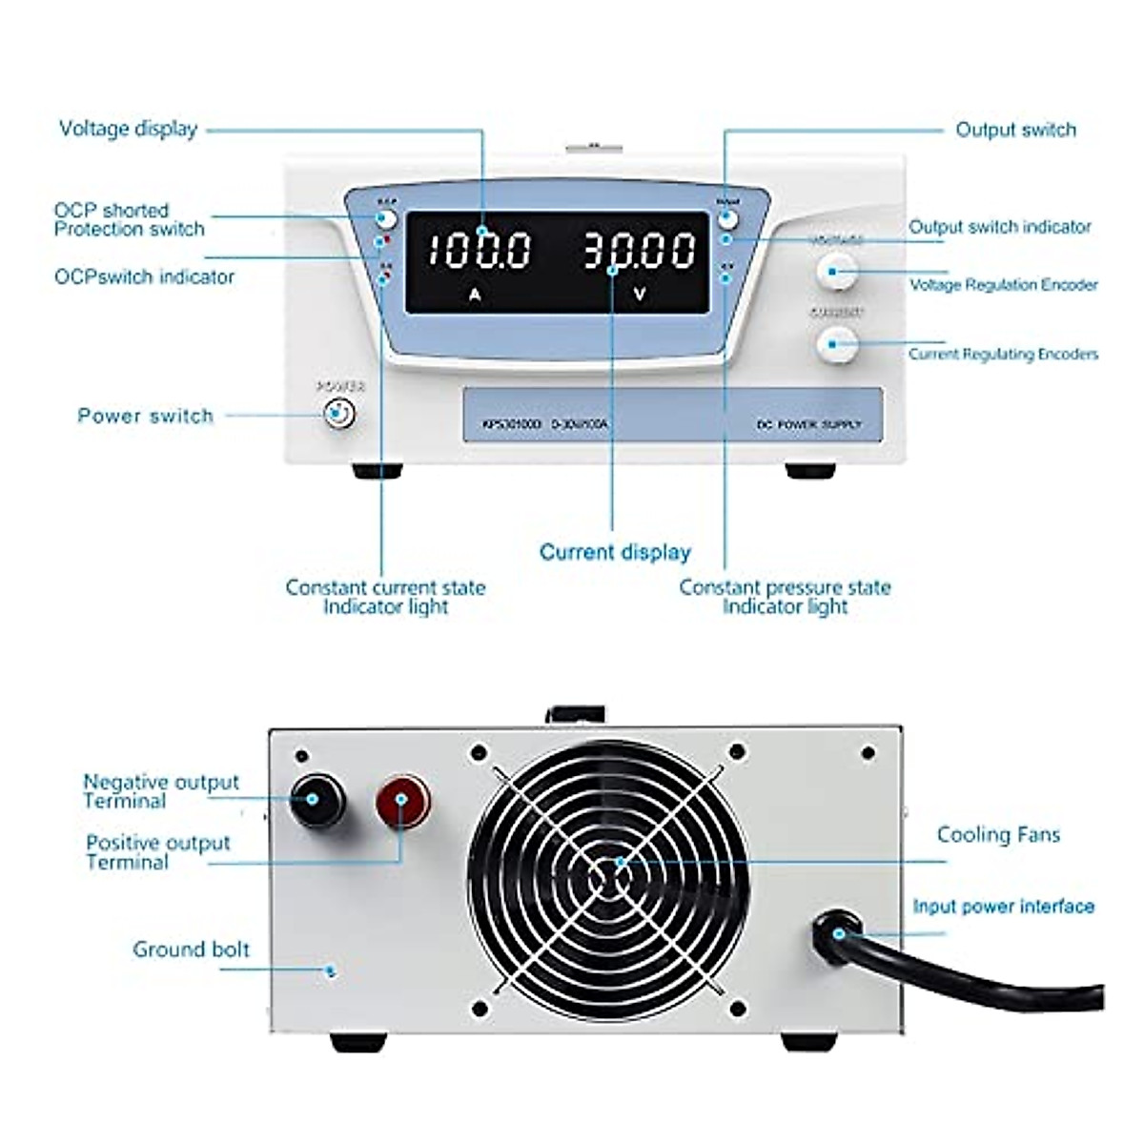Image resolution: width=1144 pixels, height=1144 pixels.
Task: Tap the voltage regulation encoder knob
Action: [x=836, y=272]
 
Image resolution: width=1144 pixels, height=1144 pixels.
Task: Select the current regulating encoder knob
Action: [x=836, y=343]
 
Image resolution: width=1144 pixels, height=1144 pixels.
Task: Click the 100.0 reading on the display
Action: [x=479, y=251]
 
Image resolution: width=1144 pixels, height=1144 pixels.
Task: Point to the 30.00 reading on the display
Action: [x=639, y=251]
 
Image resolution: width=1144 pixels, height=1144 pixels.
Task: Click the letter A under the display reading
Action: [x=475, y=295]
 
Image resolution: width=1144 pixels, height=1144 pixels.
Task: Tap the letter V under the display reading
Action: [x=639, y=295]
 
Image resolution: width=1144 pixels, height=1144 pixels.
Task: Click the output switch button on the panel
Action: [x=727, y=218]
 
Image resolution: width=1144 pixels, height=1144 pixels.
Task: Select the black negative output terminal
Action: [x=317, y=799]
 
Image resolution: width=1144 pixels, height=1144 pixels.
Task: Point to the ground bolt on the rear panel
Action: [x=330, y=971]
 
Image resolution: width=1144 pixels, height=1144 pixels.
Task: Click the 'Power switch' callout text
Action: [x=145, y=416]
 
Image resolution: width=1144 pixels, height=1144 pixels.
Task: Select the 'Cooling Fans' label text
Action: [x=998, y=835]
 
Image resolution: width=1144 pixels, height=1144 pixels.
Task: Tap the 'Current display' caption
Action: [x=615, y=552]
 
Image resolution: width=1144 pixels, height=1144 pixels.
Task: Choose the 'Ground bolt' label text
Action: [x=191, y=950]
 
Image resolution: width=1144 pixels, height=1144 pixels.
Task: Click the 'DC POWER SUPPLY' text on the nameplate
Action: [x=808, y=424]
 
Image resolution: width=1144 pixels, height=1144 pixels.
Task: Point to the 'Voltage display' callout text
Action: [x=128, y=129]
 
